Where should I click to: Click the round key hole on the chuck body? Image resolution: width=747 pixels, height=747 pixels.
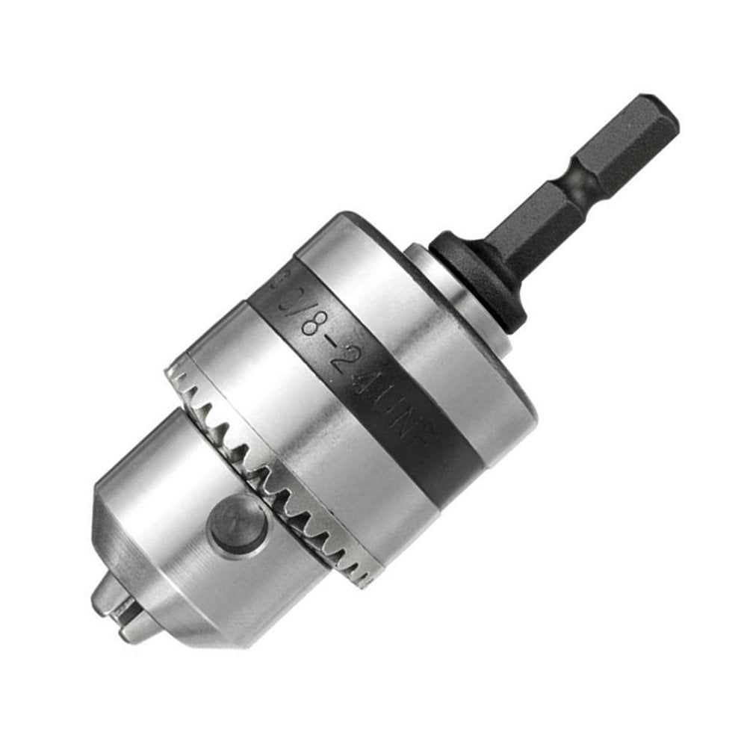[238, 524]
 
